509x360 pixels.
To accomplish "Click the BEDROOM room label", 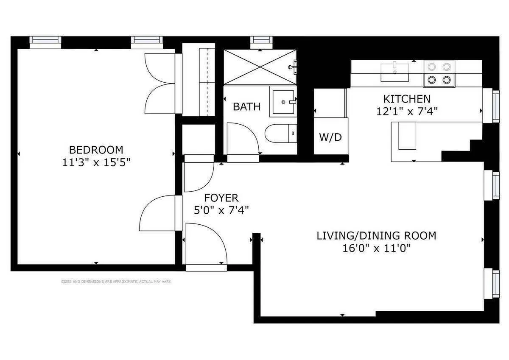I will pyautogui.click(x=96, y=150).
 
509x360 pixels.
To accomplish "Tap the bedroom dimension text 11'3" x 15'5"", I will pyautogui.click(x=96, y=162).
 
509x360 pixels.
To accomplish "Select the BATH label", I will pyautogui.click(x=247, y=106).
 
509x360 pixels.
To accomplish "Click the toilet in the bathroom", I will pyautogui.click(x=280, y=134).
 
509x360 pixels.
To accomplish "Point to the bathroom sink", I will pyautogui.click(x=283, y=102).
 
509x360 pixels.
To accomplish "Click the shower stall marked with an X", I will pyautogui.click(x=260, y=67).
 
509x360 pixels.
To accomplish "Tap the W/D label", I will pyautogui.click(x=330, y=137).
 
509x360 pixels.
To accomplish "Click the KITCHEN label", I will pyautogui.click(x=407, y=99).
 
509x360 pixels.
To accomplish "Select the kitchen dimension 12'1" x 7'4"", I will pyautogui.click(x=407, y=111).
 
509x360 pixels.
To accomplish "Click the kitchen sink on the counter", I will pyautogui.click(x=395, y=71).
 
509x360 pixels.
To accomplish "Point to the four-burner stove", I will pyautogui.click(x=439, y=73).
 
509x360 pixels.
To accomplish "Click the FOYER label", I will pyautogui.click(x=221, y=198).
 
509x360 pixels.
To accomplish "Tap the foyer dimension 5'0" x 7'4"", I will pyautogui.click(x=221, y=210).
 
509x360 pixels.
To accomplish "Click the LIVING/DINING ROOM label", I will pyautogui.click(x=376, y=236).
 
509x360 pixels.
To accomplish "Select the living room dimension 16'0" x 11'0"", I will pyautogui.click(x=376, y=248).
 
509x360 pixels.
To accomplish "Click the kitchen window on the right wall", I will pyautogui.click(x=495, y=106).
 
